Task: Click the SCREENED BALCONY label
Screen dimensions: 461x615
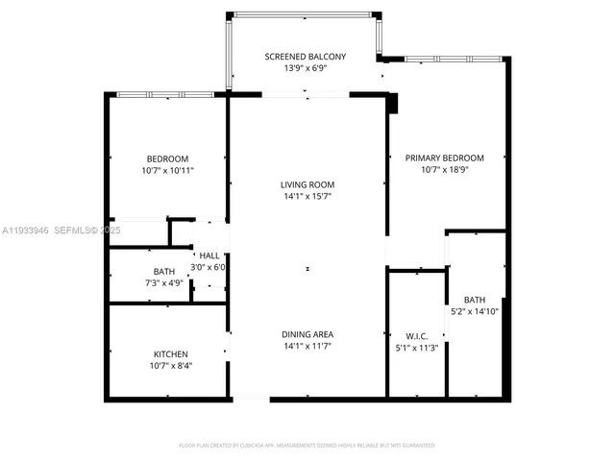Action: (306, 58)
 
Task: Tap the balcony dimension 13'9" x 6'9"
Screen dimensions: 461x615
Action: (306, 69)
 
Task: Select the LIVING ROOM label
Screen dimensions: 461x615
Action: (307, 184)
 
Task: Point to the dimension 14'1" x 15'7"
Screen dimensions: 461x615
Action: (307, 196)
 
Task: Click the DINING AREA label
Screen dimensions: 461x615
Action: (307, 334)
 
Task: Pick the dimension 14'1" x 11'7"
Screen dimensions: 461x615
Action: (307, 346)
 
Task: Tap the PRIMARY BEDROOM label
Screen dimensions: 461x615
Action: (444, 158)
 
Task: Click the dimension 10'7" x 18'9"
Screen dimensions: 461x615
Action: (444, 169)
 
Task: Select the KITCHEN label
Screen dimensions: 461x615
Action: (170, 354)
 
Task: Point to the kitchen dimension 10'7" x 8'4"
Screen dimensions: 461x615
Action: (170, 366)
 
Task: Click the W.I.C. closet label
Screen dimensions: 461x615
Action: (415, 335)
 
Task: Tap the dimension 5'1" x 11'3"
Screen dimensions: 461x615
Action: (415, 347)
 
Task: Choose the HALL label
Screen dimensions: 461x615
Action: (208, 255)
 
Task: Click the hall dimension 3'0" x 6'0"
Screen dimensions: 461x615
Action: (208, 267)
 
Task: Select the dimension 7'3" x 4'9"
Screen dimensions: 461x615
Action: (164, 283)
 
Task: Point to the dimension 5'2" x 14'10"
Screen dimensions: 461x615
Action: (475, 311)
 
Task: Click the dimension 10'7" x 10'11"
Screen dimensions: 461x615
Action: (167, 170)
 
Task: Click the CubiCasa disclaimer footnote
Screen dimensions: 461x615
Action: (307, 446)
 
